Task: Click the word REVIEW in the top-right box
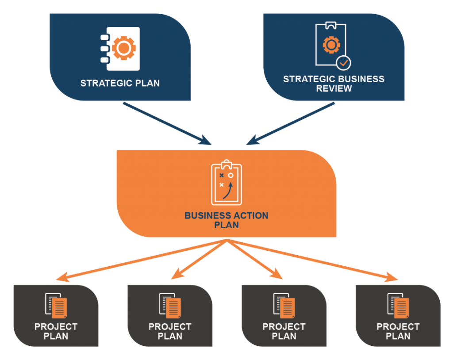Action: [x=334, y=88]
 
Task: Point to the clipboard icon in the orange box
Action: [x=226, y=183]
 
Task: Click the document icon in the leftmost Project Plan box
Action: [x=56, y=306]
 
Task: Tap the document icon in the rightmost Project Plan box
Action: [x=398, y=306]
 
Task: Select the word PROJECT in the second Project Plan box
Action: [x=170, y=327]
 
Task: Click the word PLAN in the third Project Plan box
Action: [x=284, y=336]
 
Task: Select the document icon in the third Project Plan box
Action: [x=284, y=306]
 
